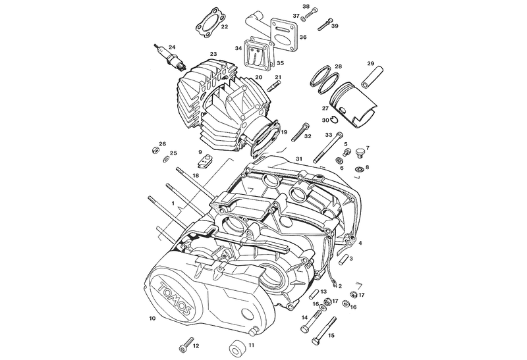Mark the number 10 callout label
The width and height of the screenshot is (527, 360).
click(152, 319)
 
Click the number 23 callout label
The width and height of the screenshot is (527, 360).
click(213, 54)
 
